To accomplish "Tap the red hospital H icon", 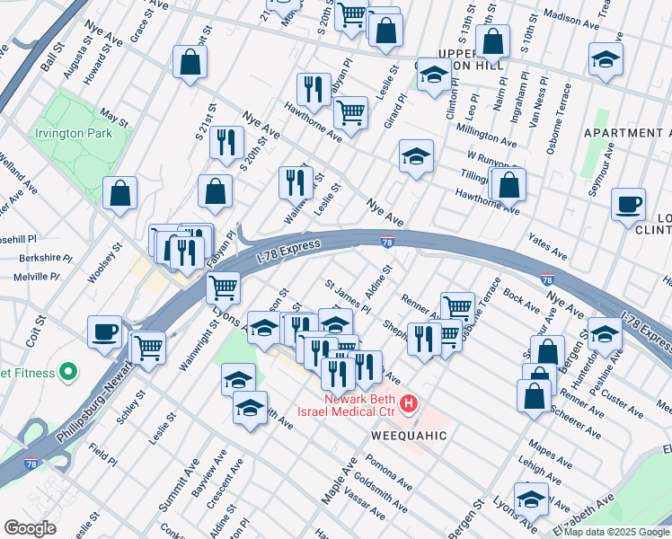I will click(x=409, y=403).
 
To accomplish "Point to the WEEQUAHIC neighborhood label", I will click(x=409, y=435).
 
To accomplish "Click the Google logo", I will click(x=30, y=528).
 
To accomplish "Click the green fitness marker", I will click(x=66, y=372).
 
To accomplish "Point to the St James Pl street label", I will click(x=347, y=297).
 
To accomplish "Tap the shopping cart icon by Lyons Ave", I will click(x=222, y=288).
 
